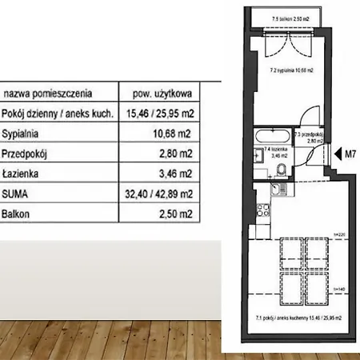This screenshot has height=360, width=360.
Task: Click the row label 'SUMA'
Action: (x=17, y=193)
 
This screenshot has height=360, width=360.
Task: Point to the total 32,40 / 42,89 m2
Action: (x=156, y=193)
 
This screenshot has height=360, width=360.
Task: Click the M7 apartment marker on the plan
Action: (x=350, y=153)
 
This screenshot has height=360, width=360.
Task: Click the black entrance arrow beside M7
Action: (x=336, y=153)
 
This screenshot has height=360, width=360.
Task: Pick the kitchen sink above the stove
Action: (x=274, y=190)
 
